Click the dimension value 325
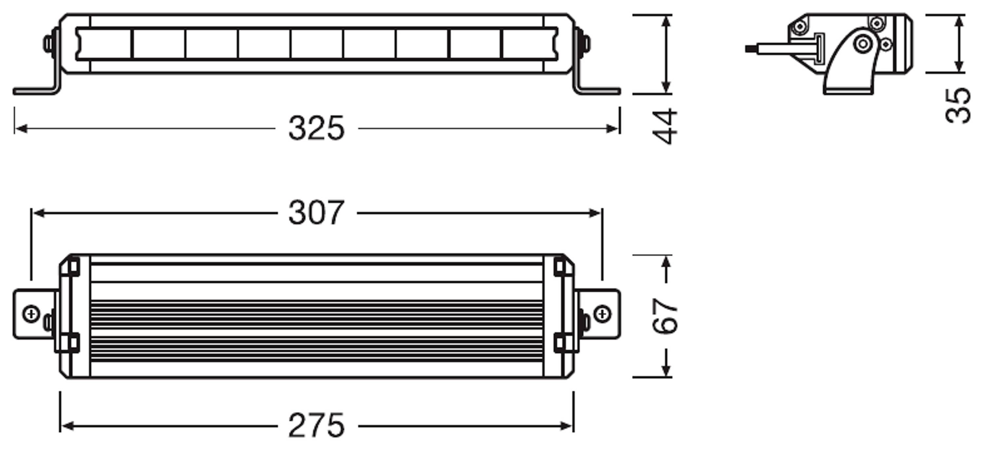click(316, 128)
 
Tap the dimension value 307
click(316, 213)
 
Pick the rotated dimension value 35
click(958, 106)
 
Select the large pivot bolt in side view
click(863, 44)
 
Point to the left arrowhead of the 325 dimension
click(20, 129)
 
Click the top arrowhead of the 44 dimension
click(666, 21)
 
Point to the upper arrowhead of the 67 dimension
click(666, 262)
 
